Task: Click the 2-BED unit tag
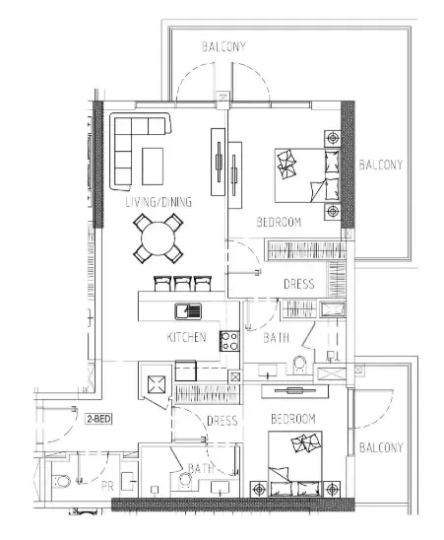coord(98,419)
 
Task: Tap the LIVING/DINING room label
coord(159,202)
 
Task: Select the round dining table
coord(159,238)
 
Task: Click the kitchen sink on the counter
coord(188,311)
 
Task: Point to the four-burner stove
coord(229,341)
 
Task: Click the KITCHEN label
coord(186,337)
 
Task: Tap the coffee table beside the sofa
coord(153,167)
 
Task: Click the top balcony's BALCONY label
coord(223,46)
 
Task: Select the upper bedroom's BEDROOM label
coord(279,222)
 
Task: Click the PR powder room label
coord(107,486)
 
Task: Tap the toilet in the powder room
coord(62,481)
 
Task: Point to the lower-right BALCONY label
coord(381,447)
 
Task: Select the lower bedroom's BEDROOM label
coord(293,419)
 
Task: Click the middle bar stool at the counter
coord(183,284)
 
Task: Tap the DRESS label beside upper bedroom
coord(298,284)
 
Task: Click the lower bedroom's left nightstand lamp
coord(259,489)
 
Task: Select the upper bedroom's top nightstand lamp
coord(333,138)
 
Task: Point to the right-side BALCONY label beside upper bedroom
coord(381,165)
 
